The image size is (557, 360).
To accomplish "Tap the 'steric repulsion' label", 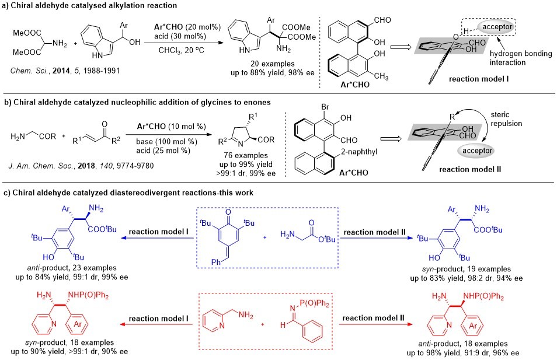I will [x=524, y=123].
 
